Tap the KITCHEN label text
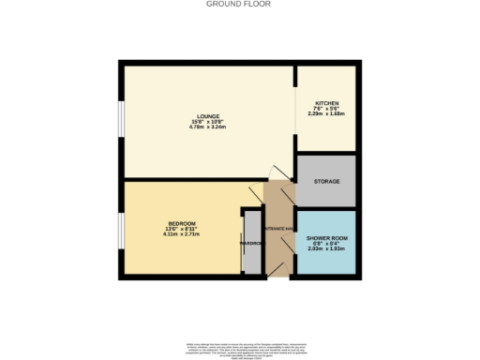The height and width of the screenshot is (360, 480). (326, 103)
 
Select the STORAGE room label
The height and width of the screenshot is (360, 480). (326, 181)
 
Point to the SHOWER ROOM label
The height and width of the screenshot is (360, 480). (326, 238)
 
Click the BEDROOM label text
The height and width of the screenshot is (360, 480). (182, 223)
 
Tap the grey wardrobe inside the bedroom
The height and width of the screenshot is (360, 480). (251, 244)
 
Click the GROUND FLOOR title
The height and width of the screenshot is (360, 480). (239, 5)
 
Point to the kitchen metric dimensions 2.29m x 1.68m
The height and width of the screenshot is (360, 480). (326, 116)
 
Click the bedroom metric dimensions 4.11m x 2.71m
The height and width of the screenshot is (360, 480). (182, 234)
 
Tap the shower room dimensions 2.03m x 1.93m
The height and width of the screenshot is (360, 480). (326, 250)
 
